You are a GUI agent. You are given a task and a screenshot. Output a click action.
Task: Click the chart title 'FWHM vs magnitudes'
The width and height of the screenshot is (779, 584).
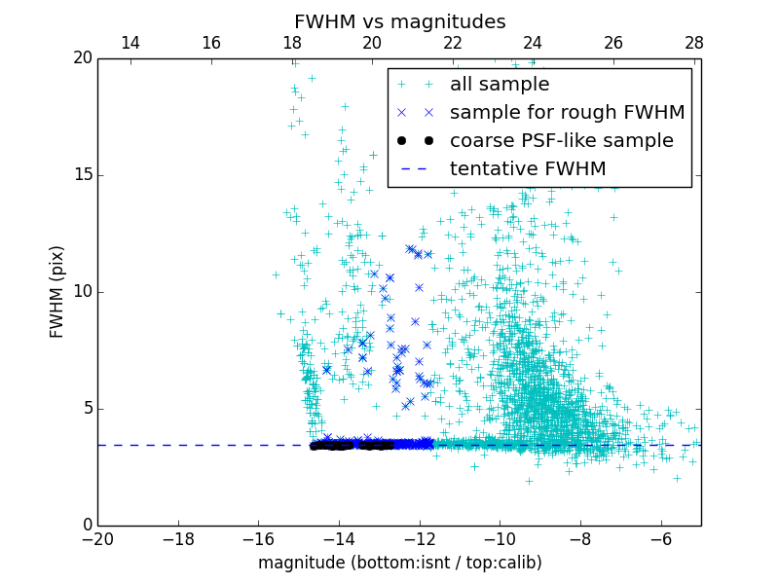click(399, 21)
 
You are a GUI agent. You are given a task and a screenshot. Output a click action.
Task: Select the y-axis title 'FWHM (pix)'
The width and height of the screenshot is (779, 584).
click(57, 291)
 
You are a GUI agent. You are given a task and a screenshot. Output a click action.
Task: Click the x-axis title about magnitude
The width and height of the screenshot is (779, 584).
click(399, 563)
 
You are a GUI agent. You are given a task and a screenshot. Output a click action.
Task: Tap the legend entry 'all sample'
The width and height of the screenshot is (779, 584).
click(499, 85)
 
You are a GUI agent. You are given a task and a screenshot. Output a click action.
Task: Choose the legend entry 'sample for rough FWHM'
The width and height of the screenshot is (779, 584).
click(567, 113)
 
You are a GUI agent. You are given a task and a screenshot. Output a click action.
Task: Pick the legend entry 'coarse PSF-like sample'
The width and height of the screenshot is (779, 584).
click(561, 141)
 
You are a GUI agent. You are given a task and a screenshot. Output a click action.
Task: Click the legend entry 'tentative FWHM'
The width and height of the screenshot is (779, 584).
click(527, 169)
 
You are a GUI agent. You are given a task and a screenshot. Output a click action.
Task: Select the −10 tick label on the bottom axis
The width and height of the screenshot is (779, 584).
click(500, 539)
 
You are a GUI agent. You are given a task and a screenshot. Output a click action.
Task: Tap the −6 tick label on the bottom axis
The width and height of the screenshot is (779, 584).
click(660, 539)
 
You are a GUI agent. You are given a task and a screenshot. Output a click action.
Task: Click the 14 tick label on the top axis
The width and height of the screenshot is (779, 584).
click(130, 43)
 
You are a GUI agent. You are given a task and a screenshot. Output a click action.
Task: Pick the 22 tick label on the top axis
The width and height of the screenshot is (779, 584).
click(452, 43)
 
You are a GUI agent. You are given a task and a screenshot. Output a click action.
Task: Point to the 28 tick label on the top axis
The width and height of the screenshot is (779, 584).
click(693, 43)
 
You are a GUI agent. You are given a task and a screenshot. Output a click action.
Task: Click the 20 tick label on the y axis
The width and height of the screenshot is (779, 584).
click(82, 58)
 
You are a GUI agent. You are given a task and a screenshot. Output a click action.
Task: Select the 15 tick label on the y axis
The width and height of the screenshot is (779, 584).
click(82, 175)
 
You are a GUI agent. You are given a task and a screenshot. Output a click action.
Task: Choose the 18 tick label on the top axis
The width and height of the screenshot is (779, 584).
click(291, 43)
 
